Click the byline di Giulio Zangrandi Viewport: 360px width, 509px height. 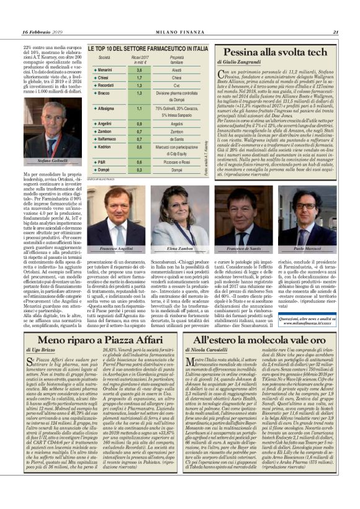(245, 63)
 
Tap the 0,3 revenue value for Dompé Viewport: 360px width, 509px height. (139, 169)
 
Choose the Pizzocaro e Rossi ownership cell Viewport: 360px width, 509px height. (178, 162)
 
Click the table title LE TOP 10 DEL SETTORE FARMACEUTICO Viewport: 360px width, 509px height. (147, 48)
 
